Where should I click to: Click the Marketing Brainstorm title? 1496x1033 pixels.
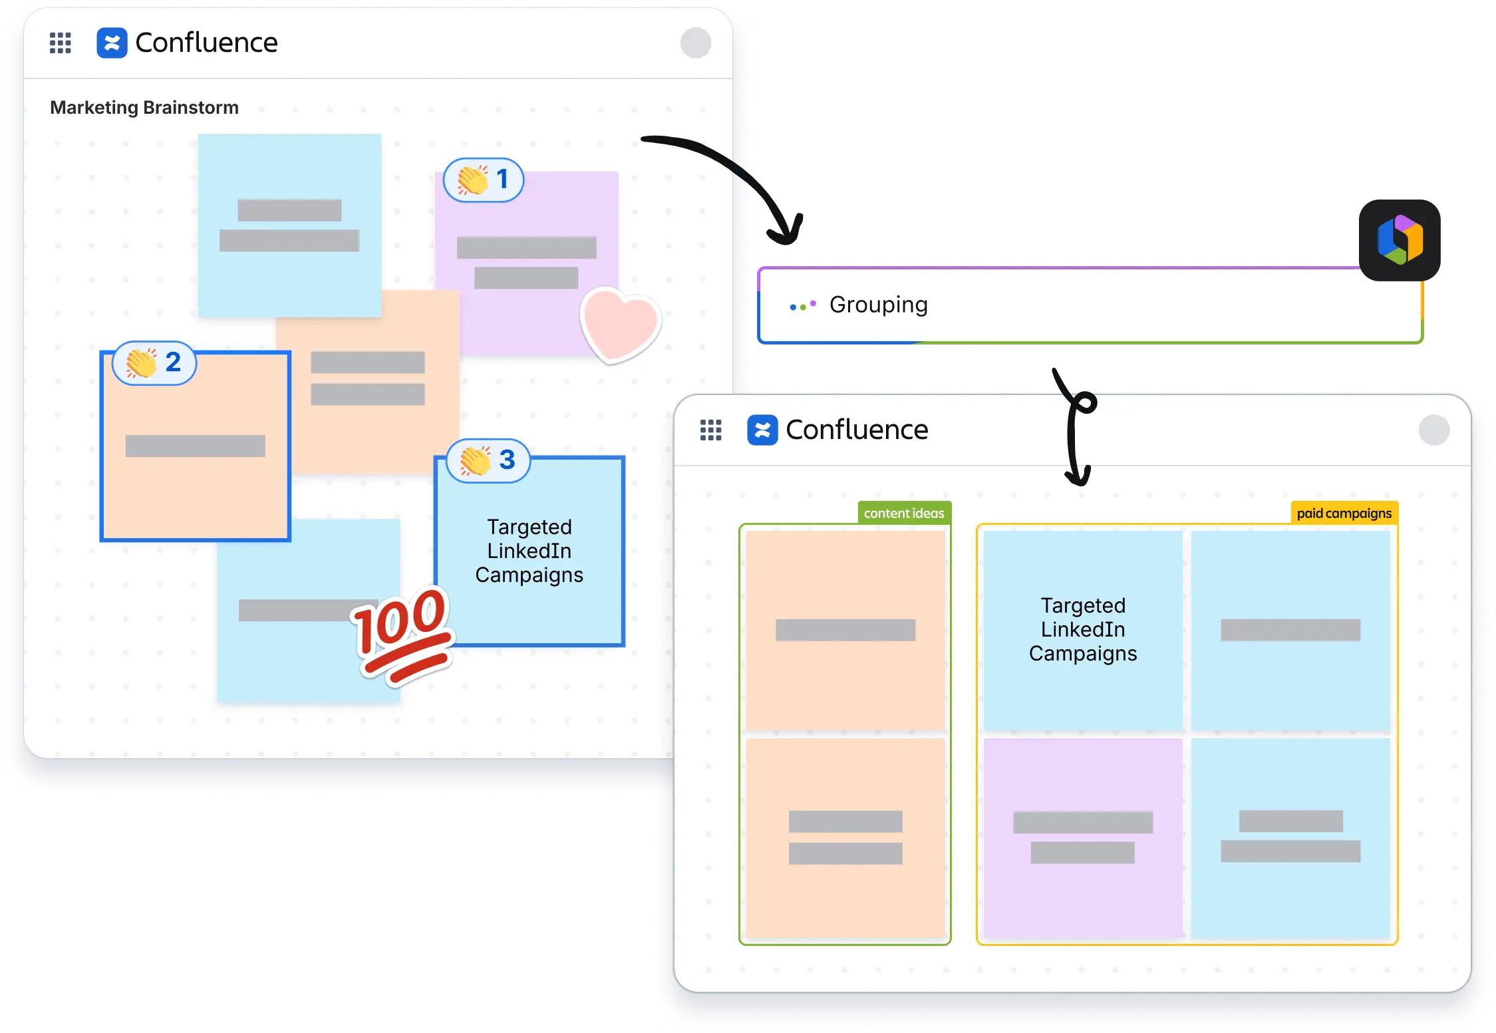[x=144, y=108]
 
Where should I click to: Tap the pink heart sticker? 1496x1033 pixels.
[x=620, y=325]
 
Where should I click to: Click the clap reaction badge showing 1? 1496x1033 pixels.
[x=484, y=180]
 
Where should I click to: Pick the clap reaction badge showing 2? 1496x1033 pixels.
[x=154, y=363]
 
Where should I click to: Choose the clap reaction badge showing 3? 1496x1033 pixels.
[x=488, y=460]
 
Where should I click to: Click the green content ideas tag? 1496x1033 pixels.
[x=904, y=514]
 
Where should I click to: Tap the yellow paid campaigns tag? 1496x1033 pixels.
[x=1344, y=514]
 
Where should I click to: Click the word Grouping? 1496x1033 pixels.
[x=878, y=305]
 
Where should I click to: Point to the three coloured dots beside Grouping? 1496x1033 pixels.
[x=802, y=306]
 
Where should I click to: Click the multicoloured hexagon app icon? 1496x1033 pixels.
[x=1400, y=239]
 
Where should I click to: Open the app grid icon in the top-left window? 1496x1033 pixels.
[x=61, y=43]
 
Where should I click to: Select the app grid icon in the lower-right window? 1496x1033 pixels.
[x=711, y=430]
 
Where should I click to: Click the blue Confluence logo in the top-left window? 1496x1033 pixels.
[x=112, y=43]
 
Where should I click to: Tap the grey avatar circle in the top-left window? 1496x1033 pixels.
[x=696, y=43]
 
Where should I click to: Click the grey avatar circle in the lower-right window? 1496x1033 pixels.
[x=1434, y=430]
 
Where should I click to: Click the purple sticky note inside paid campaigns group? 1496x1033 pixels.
[x=1083, y=838]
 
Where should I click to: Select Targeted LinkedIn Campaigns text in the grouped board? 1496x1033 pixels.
[x=1083, y=629]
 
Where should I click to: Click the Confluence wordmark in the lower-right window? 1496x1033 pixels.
[x=857, y=430]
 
